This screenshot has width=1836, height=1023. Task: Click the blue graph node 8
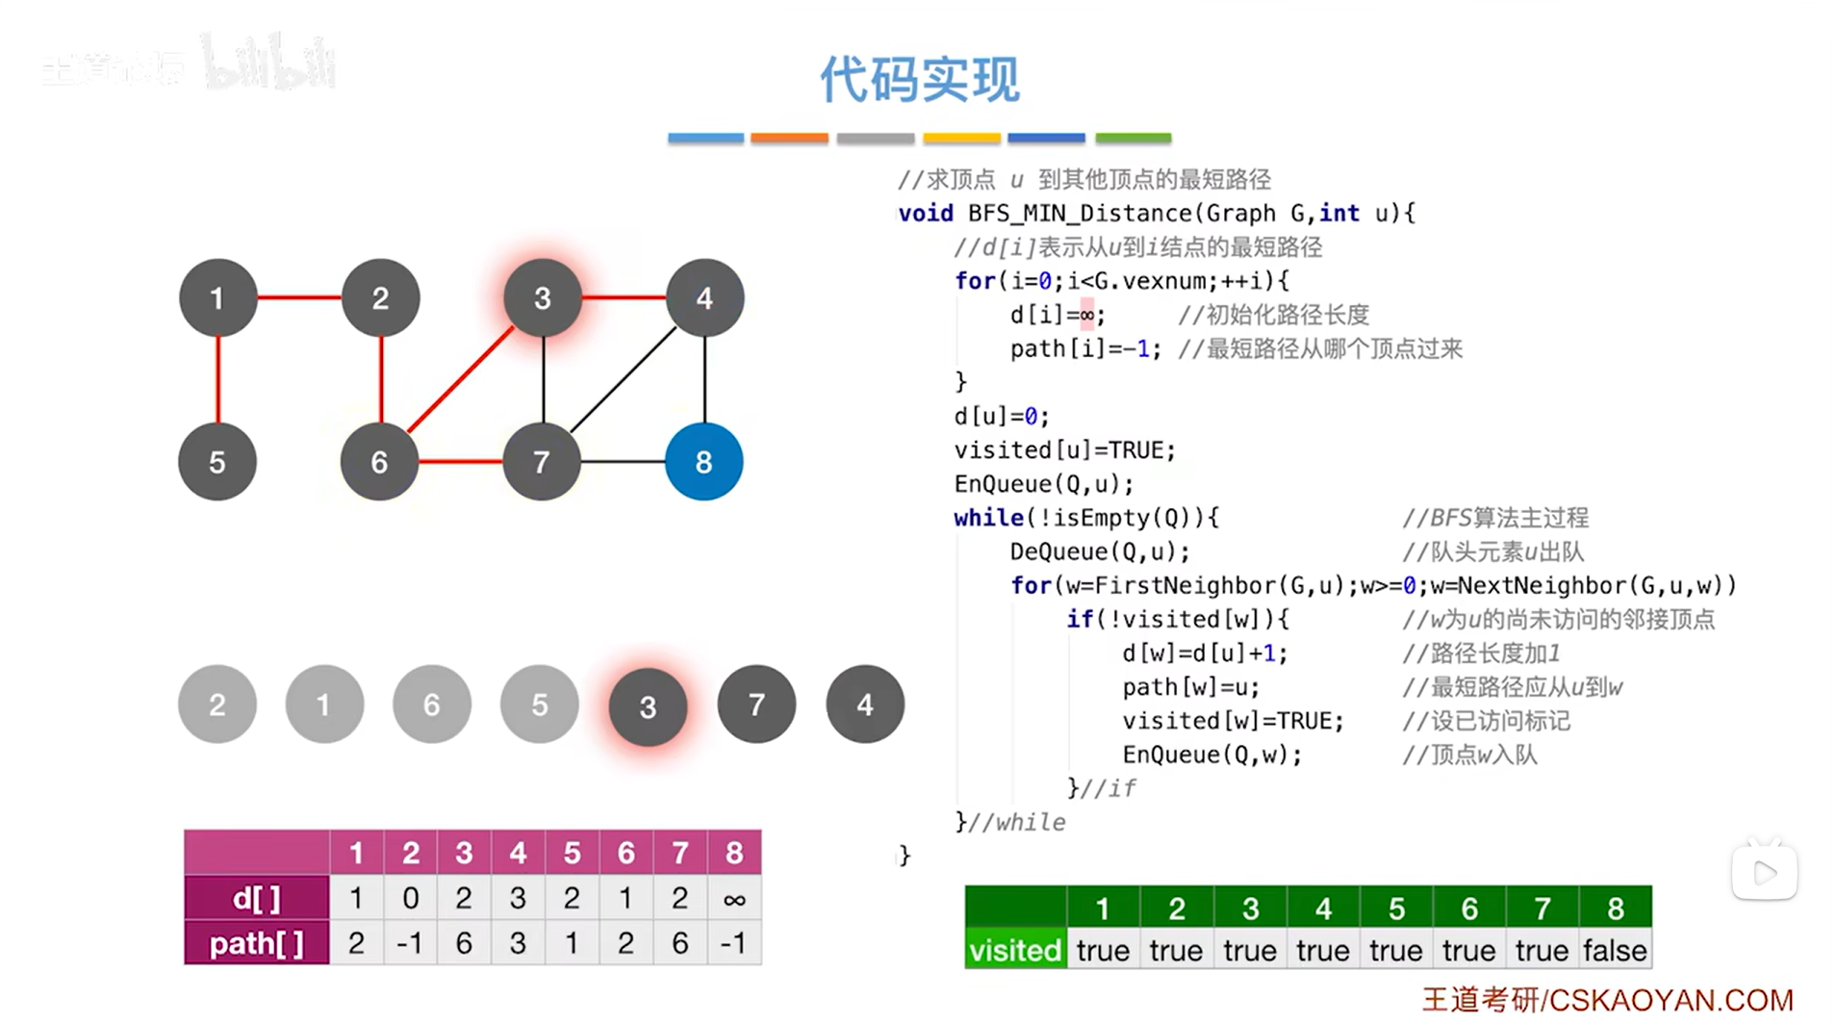click(x=703, y=462)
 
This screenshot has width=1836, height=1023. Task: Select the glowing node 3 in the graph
click(x=543, y=298)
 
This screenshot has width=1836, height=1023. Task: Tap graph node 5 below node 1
click(x=217, y=462)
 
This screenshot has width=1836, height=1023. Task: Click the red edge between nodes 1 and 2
click(x=299, y=297)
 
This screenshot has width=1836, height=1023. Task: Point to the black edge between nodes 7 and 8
click(x=623, y=462)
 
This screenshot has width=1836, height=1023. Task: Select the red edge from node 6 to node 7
click(x=460, y=462)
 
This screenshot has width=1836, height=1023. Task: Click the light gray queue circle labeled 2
click(x=217, y=704)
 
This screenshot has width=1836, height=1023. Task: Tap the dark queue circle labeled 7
click(x=756, y=704)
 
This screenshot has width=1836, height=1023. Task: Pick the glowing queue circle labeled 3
click(x=648, y=707)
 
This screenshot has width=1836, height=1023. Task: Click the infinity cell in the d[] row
click(x=734, y=899)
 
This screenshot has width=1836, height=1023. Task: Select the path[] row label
click(x=257, y=943)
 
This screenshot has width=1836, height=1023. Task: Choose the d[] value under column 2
click(x=410, y=899)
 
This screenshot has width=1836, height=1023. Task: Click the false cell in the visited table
click(x=1615, y=950)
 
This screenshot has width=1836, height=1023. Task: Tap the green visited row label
click(x=1015, y=950)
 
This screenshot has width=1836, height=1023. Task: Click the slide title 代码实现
click(x=919, y=79)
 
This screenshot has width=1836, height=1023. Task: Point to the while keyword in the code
click(x=988, y=518)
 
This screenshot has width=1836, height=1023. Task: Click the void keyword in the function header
click(x=926, y=213)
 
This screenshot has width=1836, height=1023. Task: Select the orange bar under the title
click(x=789, y=139)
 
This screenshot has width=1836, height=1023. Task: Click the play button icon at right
click(x=1765, y=873)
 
